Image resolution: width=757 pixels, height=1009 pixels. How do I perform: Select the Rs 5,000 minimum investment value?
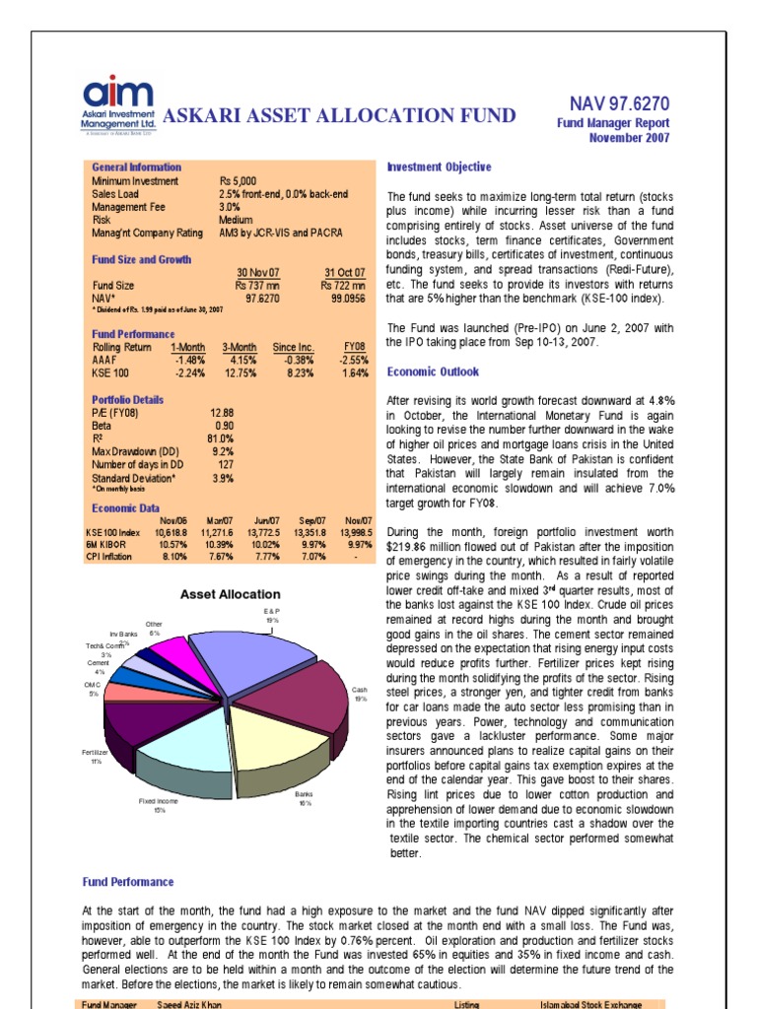point(238,181)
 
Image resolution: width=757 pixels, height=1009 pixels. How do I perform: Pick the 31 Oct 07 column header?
point(345,271)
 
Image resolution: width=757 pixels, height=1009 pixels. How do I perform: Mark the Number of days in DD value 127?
point(224,464)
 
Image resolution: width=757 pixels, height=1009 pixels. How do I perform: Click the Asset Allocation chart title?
point(230,594)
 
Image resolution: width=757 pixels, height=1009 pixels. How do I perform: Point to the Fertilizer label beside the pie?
point(94,752)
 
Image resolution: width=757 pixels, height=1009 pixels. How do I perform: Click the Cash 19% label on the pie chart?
point(360,694)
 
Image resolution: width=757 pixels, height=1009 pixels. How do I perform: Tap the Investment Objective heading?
point(439,168)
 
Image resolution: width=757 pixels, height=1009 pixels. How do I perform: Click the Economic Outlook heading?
point(433,371)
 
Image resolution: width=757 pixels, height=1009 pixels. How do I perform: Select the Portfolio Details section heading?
point(128,400)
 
